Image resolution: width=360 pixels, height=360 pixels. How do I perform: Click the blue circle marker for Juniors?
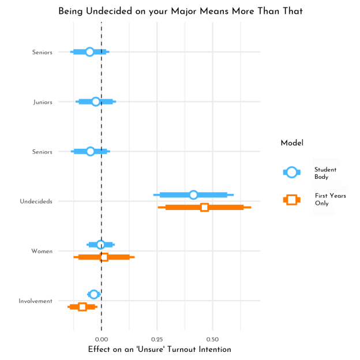pos(96,102)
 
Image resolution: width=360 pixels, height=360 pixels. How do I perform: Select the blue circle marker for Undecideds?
pos(193,195)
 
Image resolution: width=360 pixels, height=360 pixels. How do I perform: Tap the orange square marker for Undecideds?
pos(204,207)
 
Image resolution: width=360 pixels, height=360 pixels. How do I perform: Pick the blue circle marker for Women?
pos(100,245)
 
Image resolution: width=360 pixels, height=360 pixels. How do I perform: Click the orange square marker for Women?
pos(104,257)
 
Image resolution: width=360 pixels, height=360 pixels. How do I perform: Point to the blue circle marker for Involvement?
pos(93,294)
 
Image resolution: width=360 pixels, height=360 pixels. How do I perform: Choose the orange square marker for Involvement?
pos(82,306)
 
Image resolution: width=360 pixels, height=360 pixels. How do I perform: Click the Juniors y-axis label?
pos(43,102)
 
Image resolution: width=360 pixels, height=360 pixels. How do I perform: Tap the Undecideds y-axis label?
pos(36,201)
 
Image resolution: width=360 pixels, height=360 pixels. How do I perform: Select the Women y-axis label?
pos(42,251)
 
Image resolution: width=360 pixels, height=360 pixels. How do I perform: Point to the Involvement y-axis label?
pos(35,301)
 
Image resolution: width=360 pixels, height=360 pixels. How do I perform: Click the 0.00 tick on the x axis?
pos(102,339)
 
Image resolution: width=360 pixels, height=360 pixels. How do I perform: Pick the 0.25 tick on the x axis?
pos(157,339)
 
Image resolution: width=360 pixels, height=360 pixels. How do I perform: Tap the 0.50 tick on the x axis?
pos(212,339)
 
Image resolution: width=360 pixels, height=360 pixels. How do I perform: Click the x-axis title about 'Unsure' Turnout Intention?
pos(159,350)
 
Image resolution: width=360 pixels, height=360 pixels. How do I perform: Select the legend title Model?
pos(292,143)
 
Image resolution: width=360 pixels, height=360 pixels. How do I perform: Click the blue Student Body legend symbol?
pos(292,172)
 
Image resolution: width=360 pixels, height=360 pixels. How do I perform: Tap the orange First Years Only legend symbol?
pos(292,200)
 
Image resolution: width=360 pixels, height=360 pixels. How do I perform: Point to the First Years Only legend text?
pos(330,200)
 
